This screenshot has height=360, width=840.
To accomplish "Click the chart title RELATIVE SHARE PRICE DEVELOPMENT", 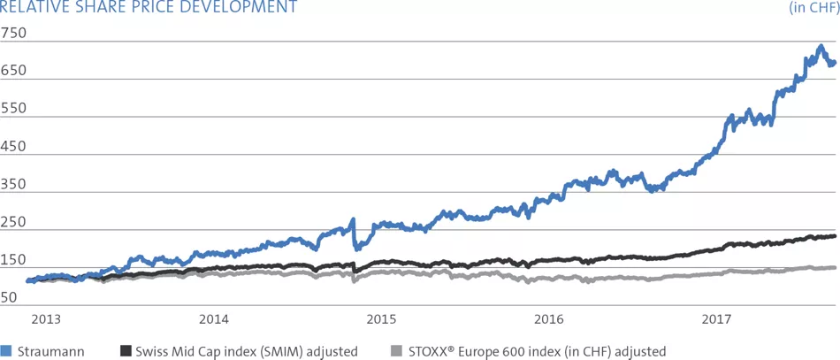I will pos(149,8).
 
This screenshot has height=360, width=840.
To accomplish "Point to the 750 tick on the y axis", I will pos(15,34).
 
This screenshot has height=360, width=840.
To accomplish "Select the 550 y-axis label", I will pos(15,109).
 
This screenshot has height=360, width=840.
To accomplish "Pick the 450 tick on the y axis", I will pos(15,147).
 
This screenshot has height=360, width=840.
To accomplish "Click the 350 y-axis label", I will pos(15,185).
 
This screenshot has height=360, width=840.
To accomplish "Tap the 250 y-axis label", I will pos(15,223).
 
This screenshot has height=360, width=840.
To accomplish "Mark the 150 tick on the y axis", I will pos(15,261).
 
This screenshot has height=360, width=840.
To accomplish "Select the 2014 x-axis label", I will pos(213,318).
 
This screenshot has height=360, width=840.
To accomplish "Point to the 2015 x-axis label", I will pos(381,318).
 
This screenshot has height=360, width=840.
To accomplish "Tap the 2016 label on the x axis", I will pos(549,318).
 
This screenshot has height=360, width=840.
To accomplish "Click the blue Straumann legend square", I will pos(5,351).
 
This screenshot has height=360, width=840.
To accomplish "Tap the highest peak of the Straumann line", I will pos(821,46).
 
